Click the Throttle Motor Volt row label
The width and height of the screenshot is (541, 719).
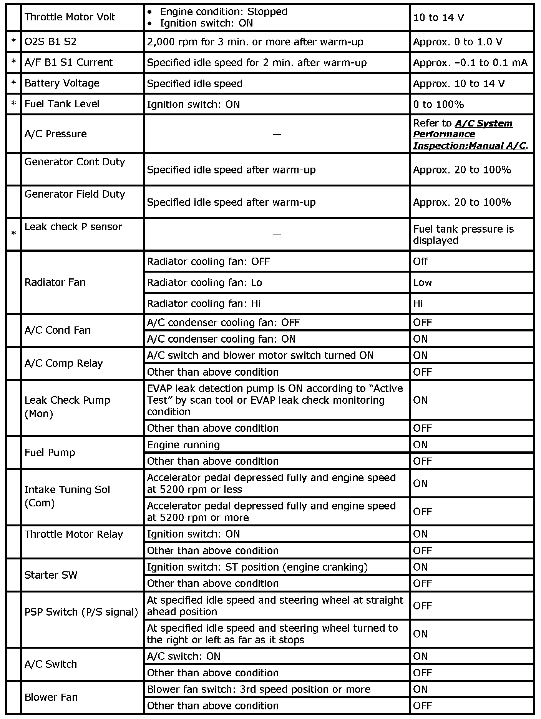click(70, 17)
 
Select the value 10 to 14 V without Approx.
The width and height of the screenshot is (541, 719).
click(438, 18)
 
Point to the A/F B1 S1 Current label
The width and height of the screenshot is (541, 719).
click(68, 62)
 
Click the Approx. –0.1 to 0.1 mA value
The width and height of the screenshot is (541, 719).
click(470, 63)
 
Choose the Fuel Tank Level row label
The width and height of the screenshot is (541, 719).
click(62, 104)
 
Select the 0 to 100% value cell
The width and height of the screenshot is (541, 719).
click(438, 104)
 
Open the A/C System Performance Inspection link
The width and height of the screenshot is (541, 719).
click(469, 134)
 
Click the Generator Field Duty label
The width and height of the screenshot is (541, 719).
click(75, 194)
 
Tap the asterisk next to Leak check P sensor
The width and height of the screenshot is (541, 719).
click(14, 234)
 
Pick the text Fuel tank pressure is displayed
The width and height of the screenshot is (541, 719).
click(463, 235)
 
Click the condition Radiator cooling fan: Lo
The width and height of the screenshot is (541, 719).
click(204, 283)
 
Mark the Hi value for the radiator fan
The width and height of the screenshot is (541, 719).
click(418, 304)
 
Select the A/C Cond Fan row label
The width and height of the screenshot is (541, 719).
click(58, 330)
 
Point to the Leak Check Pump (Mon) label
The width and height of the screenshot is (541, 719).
click(67, 407)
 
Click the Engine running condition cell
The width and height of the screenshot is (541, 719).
click(183, 445)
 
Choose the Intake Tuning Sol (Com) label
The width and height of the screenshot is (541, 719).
click(67, 496)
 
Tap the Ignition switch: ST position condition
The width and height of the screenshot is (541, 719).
click(257, 567)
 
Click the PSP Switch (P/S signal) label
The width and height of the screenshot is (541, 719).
click(81, 612)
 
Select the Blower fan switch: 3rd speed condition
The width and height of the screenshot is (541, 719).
click(259, 689)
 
